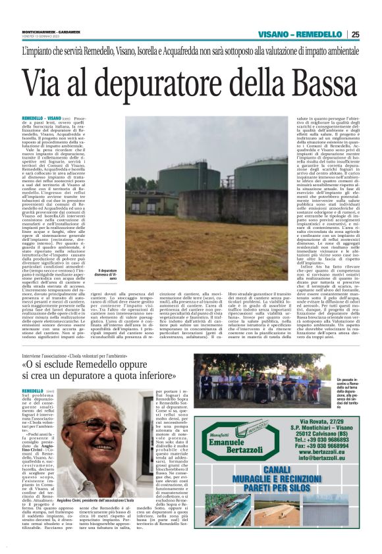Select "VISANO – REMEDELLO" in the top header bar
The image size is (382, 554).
[x=300, y=34]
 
